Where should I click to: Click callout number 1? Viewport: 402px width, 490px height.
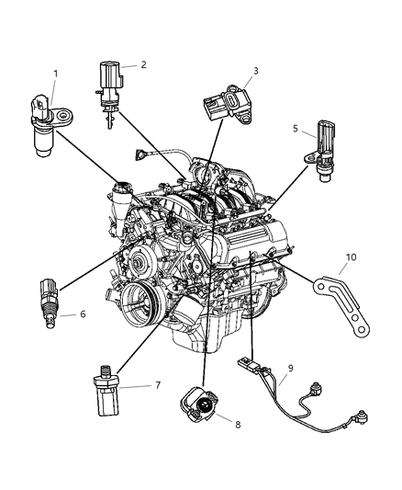pos(56,74)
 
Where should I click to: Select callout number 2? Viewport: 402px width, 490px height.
pos(143,64)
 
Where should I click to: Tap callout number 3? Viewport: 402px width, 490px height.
pos(256,71)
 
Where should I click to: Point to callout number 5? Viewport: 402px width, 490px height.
pos(296,129)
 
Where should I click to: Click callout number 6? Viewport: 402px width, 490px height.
pos(83,313)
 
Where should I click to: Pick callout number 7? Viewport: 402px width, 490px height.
pos(158,385)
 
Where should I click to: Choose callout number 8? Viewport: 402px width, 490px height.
pos(238,425)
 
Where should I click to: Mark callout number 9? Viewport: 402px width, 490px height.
pos(291,369)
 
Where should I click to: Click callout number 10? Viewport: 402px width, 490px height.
pos(351,257)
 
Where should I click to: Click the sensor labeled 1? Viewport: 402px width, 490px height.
pos(47,125)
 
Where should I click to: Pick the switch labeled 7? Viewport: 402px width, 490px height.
pos(106,392)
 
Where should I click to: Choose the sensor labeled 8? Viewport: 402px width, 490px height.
pos(198,404)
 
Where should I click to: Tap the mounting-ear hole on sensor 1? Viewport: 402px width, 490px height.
pos(65,115)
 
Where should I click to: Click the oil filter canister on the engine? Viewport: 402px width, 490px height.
pos(186,311)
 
